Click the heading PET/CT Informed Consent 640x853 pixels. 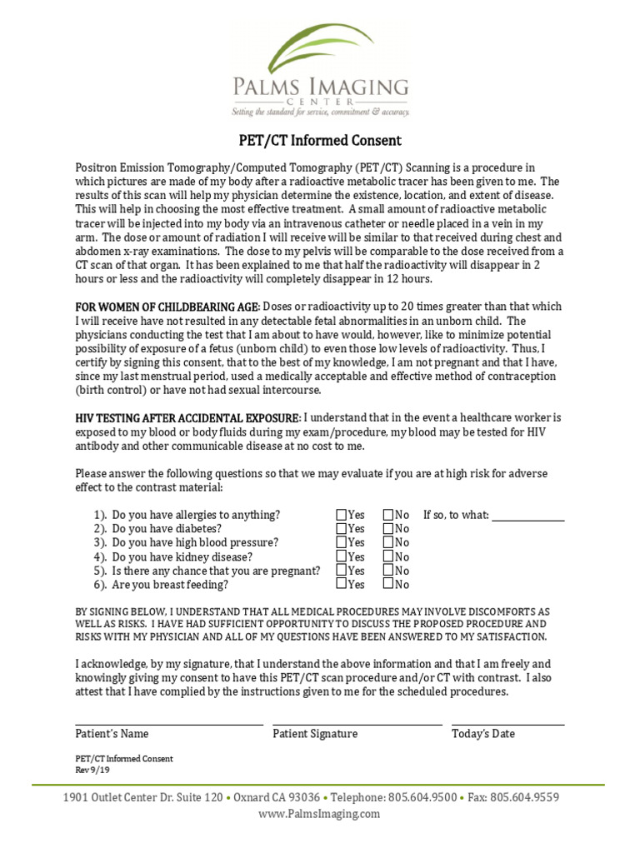(320, 141)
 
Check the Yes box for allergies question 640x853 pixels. (342, 515)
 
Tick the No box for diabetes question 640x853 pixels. (388, 529)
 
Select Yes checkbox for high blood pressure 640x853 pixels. (342, 542)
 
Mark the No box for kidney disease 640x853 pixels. (388, 556)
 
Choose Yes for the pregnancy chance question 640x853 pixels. (342, 571)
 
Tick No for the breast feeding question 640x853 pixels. (388, 584)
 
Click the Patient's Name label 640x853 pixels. (112, 734)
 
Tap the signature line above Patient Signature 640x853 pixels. (357, 724)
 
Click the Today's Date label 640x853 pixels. (483, 734)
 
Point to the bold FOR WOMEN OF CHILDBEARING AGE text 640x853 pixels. (168, 307)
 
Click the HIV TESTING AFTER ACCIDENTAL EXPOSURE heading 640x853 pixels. (187, 417)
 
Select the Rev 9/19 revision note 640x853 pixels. (87, 770)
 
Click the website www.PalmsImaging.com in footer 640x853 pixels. (319, 814)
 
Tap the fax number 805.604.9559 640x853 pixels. (524, 797)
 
